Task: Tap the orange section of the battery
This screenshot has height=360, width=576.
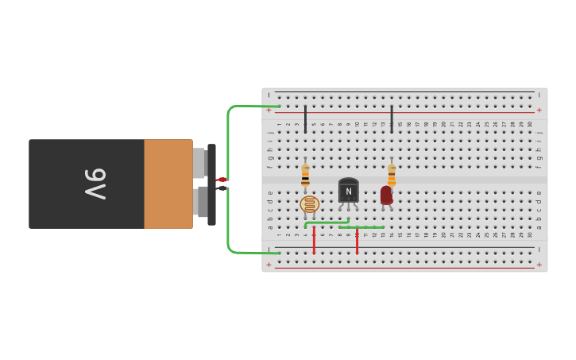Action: pos(168,184)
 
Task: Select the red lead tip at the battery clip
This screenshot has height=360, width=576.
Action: pos(222,180)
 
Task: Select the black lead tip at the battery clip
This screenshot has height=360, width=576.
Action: pos(222,188)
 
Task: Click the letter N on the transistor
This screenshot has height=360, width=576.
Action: pos(348,191)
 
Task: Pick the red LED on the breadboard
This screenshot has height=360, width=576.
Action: pos(386,195)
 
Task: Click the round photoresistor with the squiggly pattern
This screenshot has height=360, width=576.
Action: pos(310,204)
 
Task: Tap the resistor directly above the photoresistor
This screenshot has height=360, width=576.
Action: pos(305,176)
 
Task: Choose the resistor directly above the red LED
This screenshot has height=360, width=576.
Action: pos(392,174)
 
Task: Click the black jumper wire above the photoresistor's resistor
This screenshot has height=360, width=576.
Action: pos(305,118)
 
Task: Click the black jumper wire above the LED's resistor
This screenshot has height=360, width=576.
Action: pos(392,118)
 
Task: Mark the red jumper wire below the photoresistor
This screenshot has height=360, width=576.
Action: pos(314,240)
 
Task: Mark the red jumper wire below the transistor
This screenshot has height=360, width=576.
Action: pos(357,241)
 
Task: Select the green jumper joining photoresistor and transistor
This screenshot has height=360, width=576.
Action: pos(327,223)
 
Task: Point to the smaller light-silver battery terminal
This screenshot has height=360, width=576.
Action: pos(199,163)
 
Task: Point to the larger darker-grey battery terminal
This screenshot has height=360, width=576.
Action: pos(201,202)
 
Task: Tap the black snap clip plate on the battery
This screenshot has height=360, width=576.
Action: pos(212,184)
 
